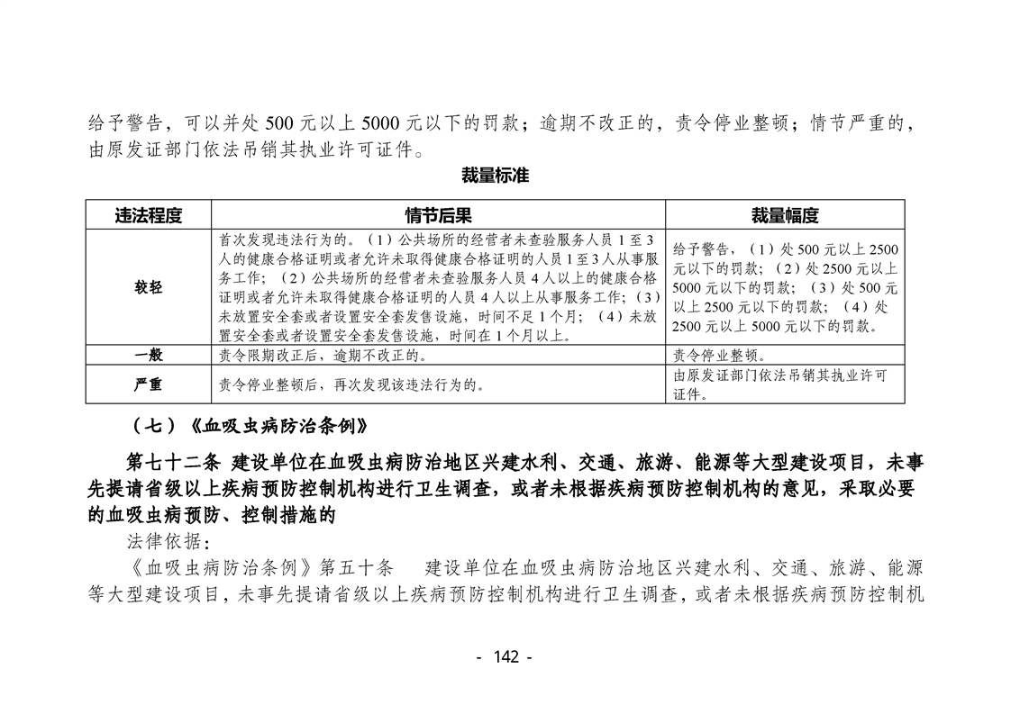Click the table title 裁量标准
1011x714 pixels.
pos(495,176)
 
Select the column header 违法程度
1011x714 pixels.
pos(149,215)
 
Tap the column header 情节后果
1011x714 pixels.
pos(438,215)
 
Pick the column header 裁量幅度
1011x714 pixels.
pos(785,215)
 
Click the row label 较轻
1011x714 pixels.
pos(149,288)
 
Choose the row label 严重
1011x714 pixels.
pos(149,384)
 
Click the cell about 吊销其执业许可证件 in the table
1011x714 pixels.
pos(780,384)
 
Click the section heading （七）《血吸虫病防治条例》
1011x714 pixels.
pos(248,424)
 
